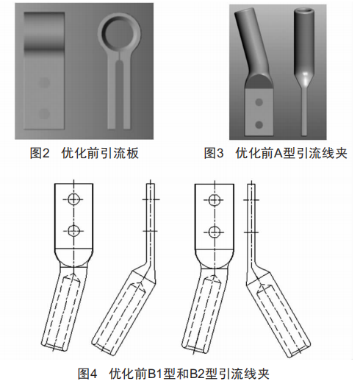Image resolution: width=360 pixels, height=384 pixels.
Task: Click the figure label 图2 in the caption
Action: point(40,154)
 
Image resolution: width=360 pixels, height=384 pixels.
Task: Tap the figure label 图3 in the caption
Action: point(214,154)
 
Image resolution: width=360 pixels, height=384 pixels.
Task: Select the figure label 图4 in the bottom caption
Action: point(87,374)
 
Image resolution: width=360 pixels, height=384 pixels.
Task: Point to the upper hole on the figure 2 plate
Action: point(44,82)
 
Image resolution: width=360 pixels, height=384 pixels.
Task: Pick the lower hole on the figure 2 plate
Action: point(44,113)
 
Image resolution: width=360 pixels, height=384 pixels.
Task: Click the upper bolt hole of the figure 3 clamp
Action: point(259,102)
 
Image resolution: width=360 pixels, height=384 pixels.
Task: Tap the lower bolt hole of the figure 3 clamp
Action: point(259,125)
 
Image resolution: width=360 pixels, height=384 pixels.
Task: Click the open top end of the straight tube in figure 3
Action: point(303,10)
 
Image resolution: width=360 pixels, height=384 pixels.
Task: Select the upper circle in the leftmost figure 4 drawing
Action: point(73,199)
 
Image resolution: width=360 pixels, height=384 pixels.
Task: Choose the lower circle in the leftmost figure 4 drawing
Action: point(73,230)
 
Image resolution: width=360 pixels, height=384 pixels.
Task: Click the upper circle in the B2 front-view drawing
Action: point(215,200)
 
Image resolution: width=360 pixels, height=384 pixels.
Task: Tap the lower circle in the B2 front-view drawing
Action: point(215,232)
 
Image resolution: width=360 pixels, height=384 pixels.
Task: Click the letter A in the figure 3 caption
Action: point(278,154)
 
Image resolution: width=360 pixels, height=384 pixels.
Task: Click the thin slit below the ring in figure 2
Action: point(119,55)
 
